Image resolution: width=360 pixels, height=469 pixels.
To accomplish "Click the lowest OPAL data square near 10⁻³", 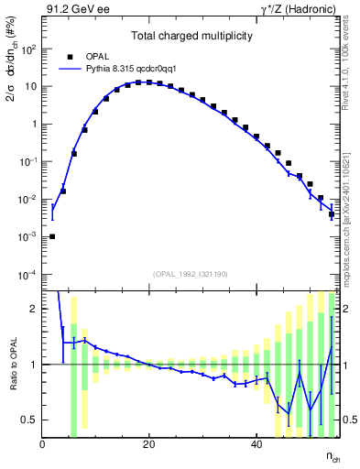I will point(52,236).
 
